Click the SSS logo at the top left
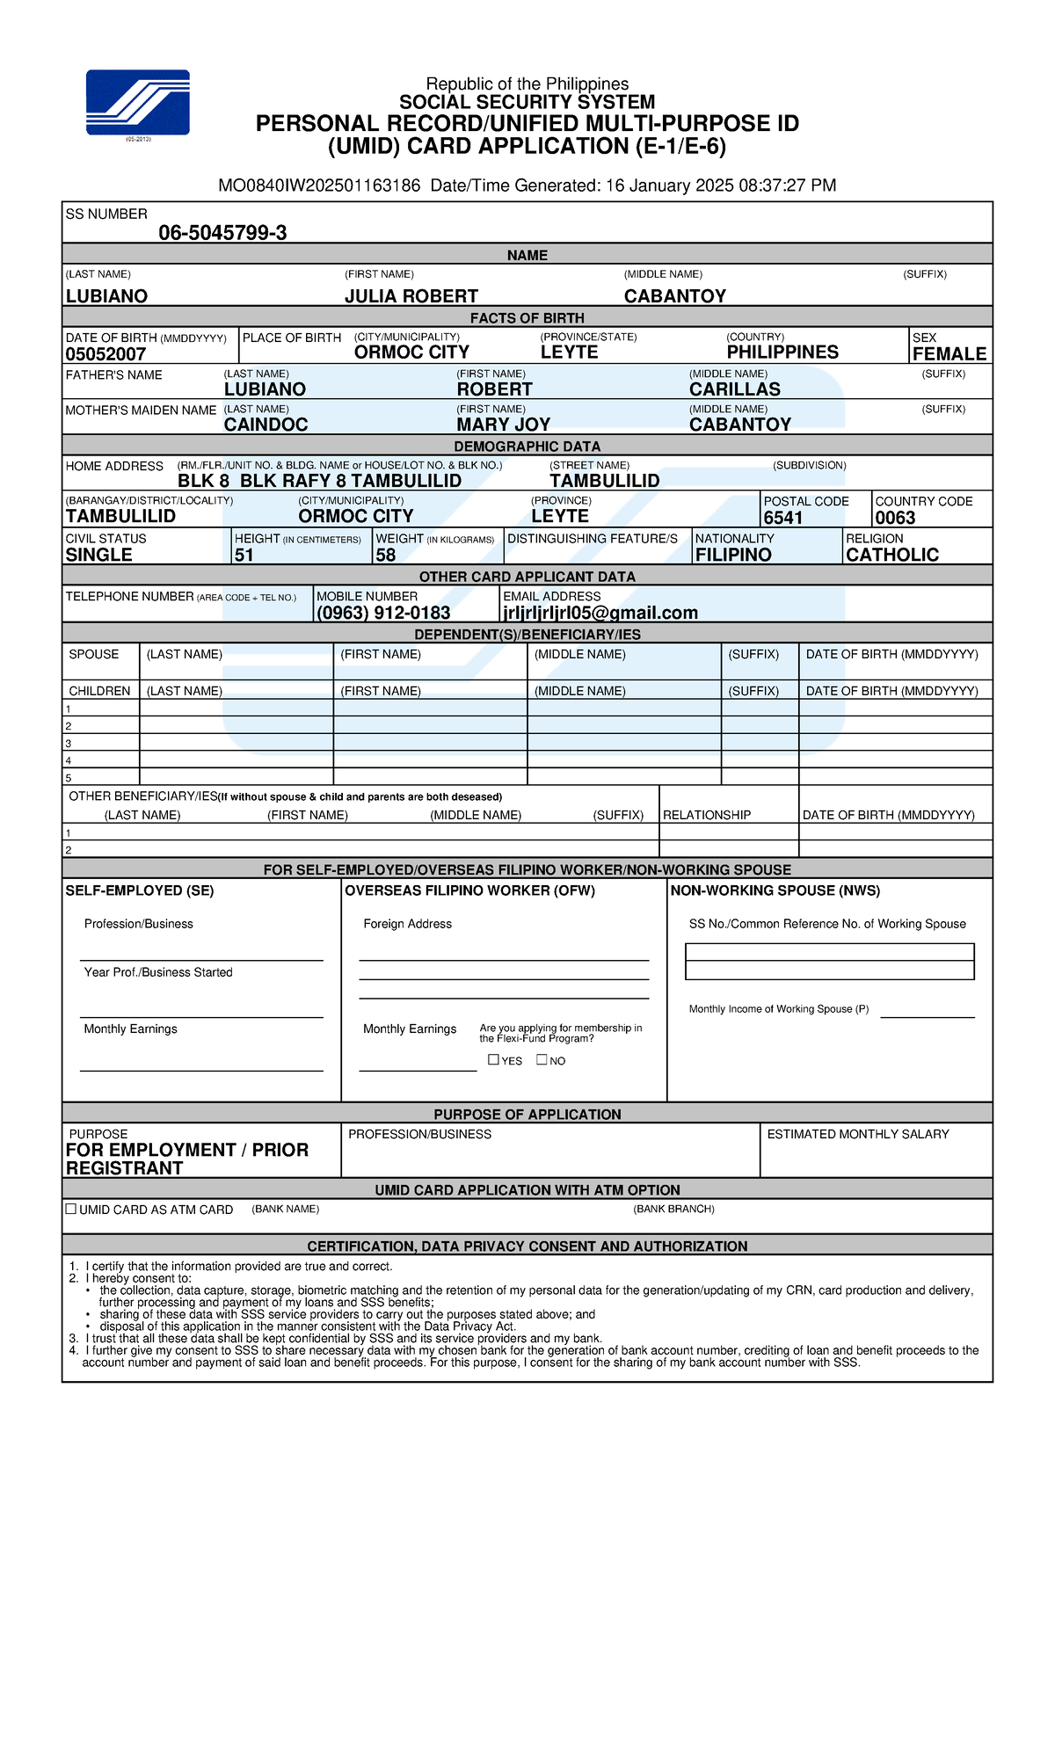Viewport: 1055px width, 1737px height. [137, 102]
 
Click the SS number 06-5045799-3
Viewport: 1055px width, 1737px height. [222, 233]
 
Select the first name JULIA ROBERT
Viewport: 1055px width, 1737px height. [411, 296]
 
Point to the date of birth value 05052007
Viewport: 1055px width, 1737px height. [105, 354]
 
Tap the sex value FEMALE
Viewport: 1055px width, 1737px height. [949, 354]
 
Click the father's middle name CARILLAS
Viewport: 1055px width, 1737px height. [734, 389]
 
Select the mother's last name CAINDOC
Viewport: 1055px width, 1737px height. [266, 425]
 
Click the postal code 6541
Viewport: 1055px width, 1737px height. [782, 518]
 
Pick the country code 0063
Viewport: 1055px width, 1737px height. [895, 518]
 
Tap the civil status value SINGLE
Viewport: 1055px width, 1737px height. [98, 555]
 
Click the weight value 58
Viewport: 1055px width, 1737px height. [385, 555]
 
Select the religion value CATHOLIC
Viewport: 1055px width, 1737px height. [891, 555]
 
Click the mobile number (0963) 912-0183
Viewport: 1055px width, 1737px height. [383, 613]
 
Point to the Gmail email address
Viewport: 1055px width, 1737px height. [600, 613]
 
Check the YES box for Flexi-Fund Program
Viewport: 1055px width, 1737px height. [494, 1059]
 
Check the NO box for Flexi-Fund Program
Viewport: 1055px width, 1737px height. [542, 1059]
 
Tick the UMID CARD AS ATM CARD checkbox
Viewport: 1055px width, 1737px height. [71, 1209]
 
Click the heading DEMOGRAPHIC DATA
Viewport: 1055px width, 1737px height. [527, 447]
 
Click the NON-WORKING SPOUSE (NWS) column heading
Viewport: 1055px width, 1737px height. [775, 890]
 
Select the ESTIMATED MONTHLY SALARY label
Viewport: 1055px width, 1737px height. [857, 1134]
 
